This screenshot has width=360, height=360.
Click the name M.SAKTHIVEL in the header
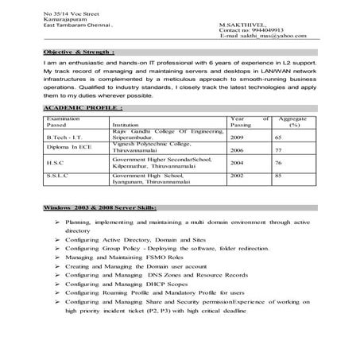tap(238, 25)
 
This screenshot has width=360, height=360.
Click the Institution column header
tap(126, 126)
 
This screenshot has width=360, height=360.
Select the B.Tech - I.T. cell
tap(64, 137)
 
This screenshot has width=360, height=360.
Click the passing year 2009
tap(237, 137)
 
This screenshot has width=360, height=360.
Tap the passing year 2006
tap(237, 149)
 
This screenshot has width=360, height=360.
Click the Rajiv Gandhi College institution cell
tap(162, 134)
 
